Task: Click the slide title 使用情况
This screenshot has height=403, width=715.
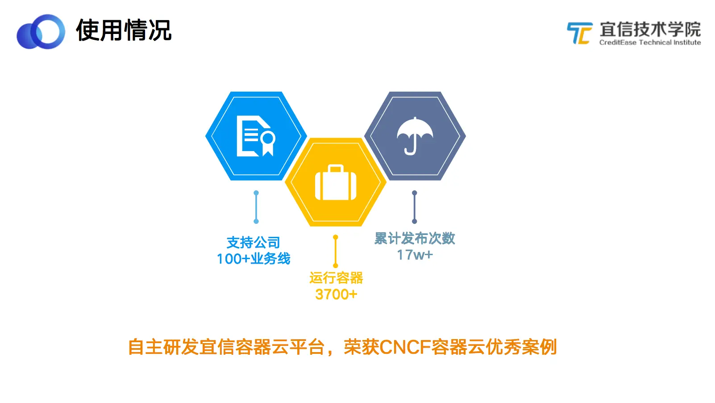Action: pyautogui.click(x=124, y=30)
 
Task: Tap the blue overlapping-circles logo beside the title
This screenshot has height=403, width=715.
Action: pyautogui.click(x=41, y=32)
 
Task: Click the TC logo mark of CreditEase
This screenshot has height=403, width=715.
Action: pyautogui.click(x=579, y=33)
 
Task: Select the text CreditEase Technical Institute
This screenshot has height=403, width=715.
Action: pyautogui.click(x=650, y=42)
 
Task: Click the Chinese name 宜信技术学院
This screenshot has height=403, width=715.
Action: pyautogui.click(x=650, y=29)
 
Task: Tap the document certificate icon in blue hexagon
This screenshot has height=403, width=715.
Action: pyautogui.click(x=255, y=136)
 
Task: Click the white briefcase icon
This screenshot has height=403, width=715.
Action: pyautogui.click(x=336, y=182)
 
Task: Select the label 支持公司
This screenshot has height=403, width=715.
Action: pyautogui.click(x=254, y=243)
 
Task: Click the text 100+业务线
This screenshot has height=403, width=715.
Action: pyautogui.click(x=254, y=259)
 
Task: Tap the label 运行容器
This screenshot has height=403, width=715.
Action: pyautogui.click(x=336, y=278)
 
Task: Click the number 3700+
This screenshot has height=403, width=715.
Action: pyautogui.click(x=336, y=294)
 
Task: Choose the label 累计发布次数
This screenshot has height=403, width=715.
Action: pyautogui.click(x=415, y=239)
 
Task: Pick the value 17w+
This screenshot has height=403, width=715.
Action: pyautogui.click(x=415, y=255)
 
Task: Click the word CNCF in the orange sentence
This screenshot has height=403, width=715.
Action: pyautogui.click(x=405, y=347)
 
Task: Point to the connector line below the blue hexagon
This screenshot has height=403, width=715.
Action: pyautogui.click(x=256, y=207)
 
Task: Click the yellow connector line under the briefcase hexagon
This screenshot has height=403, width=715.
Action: pyautogui.click(x=336, y=251)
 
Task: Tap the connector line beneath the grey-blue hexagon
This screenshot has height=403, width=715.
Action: pyautogui.click(x=415, y=207)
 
